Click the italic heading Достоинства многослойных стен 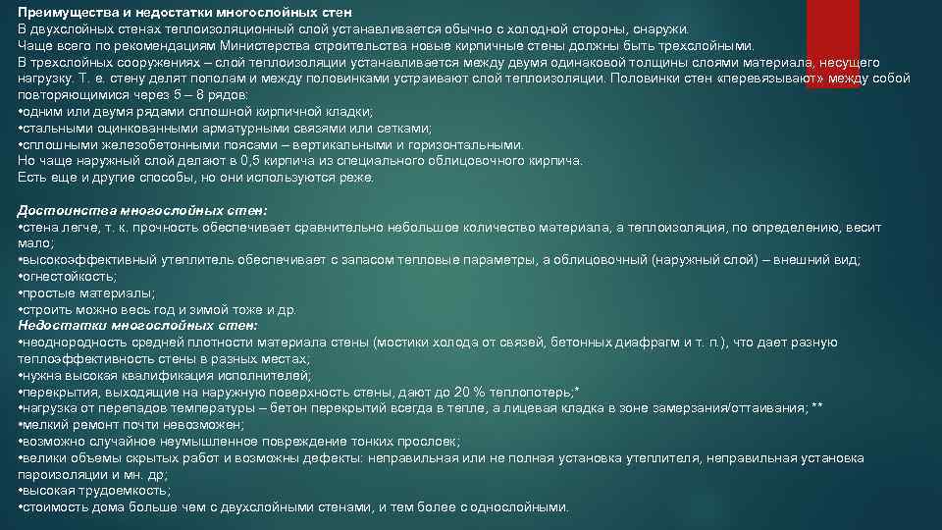point(142,211)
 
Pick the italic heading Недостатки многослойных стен point(138,325)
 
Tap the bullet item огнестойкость point(68,277)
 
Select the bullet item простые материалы point(88,292)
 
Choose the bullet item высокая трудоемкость point(96,491)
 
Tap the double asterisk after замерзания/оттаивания point(817,407)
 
